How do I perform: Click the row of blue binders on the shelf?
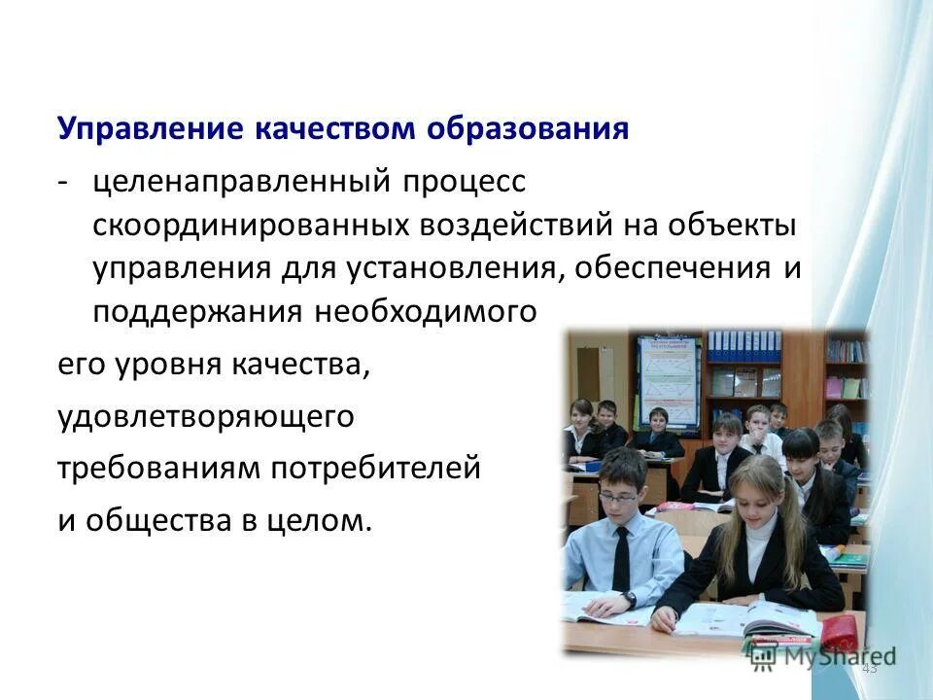pos(743,342)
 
